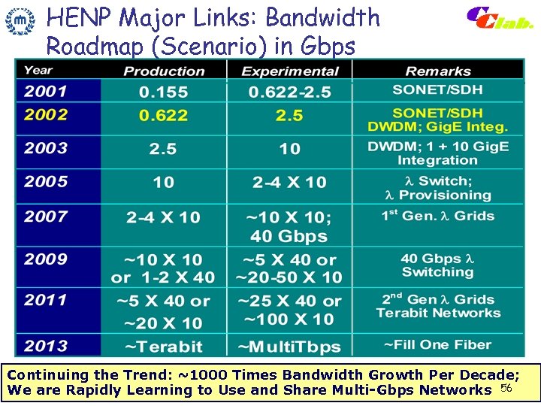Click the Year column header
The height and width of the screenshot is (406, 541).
click(x=38, y=71)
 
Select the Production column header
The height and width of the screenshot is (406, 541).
click(x=164, y=71)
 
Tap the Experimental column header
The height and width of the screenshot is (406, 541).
click(x=290, y=71)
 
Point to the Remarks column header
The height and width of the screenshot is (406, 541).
click(x=437, y=71)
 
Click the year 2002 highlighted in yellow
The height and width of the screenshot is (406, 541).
click(x=46, y=115)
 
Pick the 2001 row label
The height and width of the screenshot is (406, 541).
click(x=46, y=92)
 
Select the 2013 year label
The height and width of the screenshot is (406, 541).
click(x=46, y=347)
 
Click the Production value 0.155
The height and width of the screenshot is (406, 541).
click(x=163, y=92)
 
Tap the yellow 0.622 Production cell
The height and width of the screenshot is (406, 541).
click(x=163, y=116)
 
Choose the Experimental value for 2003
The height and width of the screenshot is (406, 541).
click(x=289, y=149)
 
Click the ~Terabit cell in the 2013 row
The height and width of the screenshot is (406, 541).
click(x=163, y=347)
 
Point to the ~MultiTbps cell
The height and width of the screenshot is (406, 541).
click(x=289, y=347)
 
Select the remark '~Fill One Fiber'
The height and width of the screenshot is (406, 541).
click(x=437, y=345)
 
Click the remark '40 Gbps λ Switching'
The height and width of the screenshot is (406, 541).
click(x=437, y=265)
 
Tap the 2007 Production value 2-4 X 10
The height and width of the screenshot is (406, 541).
click(x=163, y=217)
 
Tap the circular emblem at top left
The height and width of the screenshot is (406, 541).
click(x=20, y=22)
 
